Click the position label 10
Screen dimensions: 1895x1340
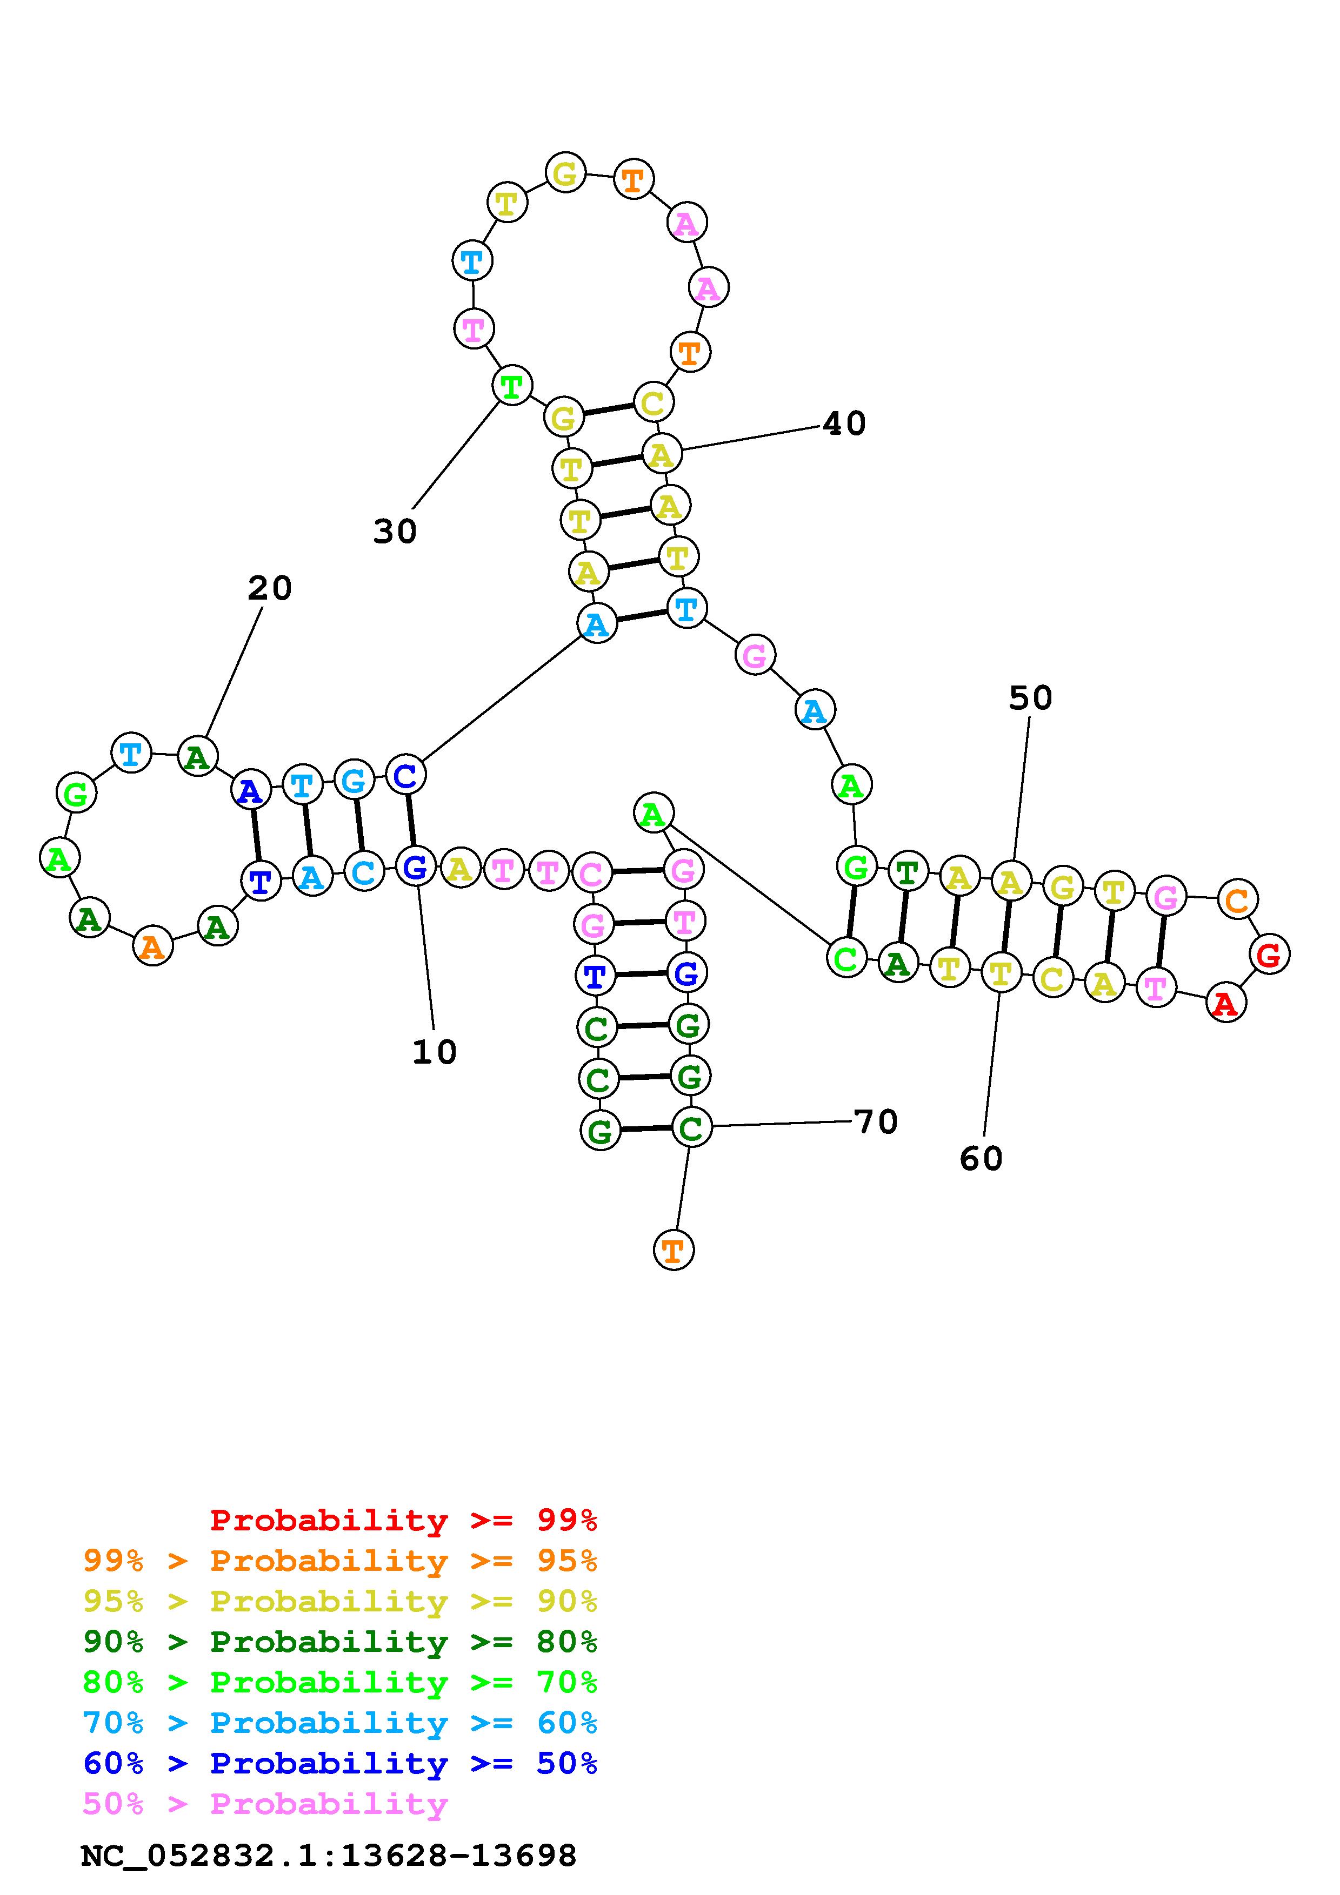[434, 1052]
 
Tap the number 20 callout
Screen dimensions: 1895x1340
[270, 588]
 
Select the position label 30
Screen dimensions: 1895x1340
[395, 532]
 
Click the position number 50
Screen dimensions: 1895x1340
[1030, 698]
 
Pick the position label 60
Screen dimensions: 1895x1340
[981, 1159]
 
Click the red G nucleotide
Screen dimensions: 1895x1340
[1269, 954]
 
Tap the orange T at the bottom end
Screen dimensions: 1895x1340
[673, 1251]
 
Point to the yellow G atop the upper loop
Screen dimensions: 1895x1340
[565, 173]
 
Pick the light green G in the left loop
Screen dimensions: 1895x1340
[76, 794]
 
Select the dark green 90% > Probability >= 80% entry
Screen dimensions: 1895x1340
[340, 1642]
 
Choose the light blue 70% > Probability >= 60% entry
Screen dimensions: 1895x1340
[340, 1723]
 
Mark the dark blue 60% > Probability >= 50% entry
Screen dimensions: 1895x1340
[340, 1763]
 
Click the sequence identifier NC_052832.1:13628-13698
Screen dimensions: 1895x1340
[329, 1856]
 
